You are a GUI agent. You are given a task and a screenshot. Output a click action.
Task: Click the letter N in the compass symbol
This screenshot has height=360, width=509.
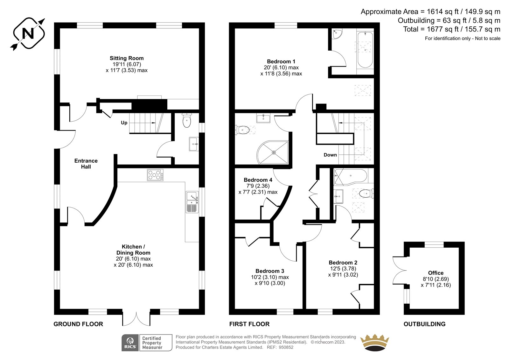pyautogui.click(x=28, y=33)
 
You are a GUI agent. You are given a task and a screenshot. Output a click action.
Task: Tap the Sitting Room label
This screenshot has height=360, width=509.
pyautogui.click(x=127, y=58)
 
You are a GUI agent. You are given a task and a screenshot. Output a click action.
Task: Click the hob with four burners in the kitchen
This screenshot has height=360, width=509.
pyautogui.click(x=155, y=175)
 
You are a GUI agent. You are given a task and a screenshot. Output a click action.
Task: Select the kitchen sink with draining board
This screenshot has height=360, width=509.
pyautogui.click(x=192, y=202)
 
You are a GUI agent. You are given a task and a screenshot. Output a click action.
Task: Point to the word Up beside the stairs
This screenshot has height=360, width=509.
pyautogui.click(x=124, y=123)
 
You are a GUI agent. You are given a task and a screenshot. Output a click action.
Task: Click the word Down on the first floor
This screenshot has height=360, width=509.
pyautogui.click(x=330, y=155)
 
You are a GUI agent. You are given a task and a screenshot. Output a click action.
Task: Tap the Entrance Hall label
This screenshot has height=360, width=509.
pyautogui.click(x=86, y=164)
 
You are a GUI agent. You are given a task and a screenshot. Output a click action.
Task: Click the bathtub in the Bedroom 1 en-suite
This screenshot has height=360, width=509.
pyautogui.click(x=365, y=50)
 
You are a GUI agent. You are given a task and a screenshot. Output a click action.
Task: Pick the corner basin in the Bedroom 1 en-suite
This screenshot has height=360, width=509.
pyautogui.click(x=336, y=34)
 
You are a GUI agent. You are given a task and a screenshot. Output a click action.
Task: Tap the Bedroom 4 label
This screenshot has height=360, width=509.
pyautogui.click(x=258, y=180)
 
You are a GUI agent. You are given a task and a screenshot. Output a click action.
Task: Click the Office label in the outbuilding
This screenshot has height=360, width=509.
pyautogui.click(x=436, y=273)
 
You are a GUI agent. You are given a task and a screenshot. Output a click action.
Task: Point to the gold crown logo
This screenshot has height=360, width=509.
pyautogui.click(x=375, y=342)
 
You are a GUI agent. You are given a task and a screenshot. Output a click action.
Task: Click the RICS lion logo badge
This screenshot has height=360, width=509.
pyautogui.click(x=130, y=343)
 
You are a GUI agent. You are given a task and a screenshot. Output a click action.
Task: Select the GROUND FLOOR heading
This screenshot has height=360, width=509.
pyautogui.click(x=78, y=324)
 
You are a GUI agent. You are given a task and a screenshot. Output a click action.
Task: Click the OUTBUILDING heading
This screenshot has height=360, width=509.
pyautogui.click(x=424, y=324)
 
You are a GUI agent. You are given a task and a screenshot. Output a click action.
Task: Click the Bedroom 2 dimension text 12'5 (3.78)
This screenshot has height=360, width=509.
pyautogui.click(x=343, y=269)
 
